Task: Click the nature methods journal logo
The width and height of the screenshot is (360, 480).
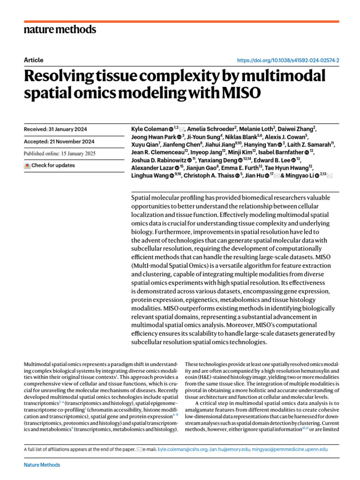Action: point(60,30)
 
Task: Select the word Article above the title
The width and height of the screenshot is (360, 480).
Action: point(33,60)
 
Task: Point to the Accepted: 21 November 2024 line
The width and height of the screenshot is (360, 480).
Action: point(59,142)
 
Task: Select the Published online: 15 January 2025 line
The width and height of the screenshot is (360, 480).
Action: point(61,154)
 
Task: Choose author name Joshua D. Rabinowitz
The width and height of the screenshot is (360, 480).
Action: point(158,160)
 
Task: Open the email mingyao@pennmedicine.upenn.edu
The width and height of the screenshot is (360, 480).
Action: point(291,449)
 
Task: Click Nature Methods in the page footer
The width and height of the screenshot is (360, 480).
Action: point(42,465)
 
